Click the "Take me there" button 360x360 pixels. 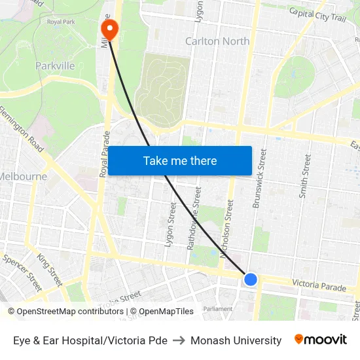click(180, 160)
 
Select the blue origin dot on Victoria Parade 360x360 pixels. click(250, 279)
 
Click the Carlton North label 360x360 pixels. click(217, 41)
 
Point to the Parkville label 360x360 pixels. click(55, 65)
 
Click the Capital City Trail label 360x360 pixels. click(317, 14)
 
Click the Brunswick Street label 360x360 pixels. click(260, 179)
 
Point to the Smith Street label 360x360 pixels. click(304, 175)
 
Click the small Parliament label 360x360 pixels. click(217, 309)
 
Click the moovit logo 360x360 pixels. click(321, 340)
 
